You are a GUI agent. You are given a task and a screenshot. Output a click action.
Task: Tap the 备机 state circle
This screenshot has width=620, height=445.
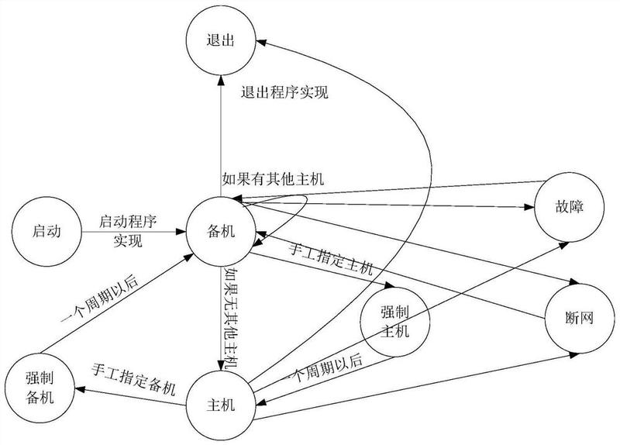point(219,230)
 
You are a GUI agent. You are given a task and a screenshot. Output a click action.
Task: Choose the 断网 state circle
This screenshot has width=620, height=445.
point(577,318)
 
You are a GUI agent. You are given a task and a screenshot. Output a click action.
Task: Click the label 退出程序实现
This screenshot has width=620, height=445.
point(284,94)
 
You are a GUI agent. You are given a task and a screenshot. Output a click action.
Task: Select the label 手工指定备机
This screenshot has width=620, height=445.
point(133,369)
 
